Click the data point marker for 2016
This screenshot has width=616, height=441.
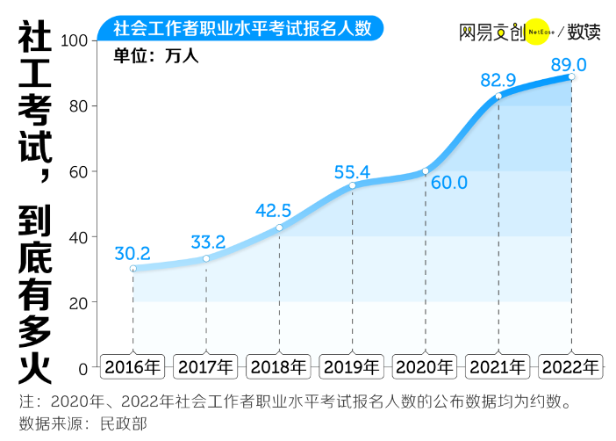[133, 268]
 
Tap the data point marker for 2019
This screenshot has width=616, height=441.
[352, 185]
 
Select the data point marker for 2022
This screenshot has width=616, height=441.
[571, 76]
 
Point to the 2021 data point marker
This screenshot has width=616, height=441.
[498, 96]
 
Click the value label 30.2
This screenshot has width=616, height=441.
[133, 253]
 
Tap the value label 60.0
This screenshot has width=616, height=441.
[448, 183]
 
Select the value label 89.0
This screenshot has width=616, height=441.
[568, 63]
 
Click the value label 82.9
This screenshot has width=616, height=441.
[498, 80]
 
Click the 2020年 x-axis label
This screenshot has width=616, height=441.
[425, 366]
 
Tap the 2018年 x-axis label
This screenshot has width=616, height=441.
[278, 366]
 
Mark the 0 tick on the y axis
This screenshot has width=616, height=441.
[83, 367]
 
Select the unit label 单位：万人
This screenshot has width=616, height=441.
[157, 56]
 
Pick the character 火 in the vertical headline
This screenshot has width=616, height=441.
[34, 364]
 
